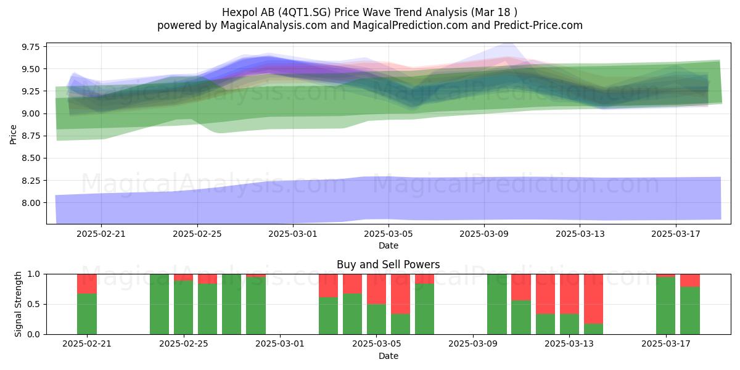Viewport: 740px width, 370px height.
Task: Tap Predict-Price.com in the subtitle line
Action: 538,25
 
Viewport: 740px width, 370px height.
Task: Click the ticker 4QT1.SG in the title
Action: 304,12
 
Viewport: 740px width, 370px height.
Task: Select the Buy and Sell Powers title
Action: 388,265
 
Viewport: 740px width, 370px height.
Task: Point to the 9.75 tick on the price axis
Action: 30,47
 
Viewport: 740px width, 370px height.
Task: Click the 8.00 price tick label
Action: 30,203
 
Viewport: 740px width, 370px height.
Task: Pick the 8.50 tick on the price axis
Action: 30,158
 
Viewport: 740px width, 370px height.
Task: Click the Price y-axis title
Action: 13,134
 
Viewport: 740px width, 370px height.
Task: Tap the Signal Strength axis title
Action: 18,304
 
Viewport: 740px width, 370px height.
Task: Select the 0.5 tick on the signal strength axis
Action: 34,304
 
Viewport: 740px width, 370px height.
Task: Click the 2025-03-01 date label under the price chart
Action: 293,234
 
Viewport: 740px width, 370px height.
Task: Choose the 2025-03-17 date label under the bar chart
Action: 665,344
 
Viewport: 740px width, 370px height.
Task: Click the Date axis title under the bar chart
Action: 388,356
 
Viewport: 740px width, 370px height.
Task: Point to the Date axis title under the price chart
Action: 388,245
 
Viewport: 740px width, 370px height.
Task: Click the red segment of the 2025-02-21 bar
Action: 87,284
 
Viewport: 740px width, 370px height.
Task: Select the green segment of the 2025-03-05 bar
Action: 376,319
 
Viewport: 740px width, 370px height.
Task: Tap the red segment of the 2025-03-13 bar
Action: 569,294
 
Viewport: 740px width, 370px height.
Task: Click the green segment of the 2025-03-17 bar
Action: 665,306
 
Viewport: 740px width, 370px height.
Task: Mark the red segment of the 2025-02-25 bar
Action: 183,277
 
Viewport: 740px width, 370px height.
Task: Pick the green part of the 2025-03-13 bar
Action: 569,324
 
